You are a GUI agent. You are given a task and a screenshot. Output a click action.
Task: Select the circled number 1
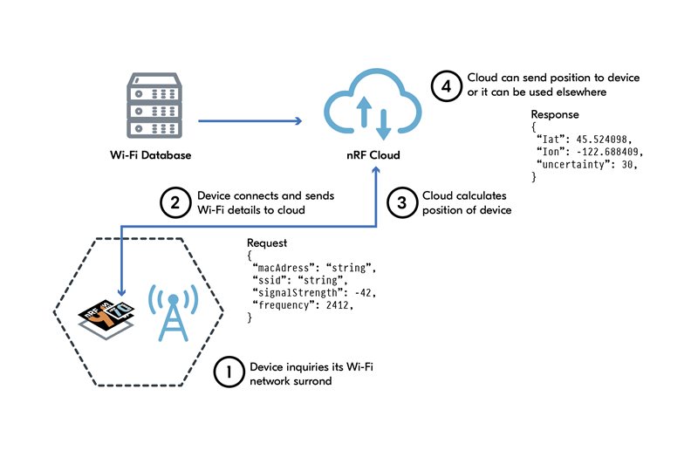pos(229,373)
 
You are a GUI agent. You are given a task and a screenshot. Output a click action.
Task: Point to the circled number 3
pos(401,202)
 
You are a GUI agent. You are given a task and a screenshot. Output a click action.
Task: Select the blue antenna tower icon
pos(174,312)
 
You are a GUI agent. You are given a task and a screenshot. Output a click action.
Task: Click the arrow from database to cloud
pos(250,121)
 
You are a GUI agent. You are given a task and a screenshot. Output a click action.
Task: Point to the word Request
pos(268,242)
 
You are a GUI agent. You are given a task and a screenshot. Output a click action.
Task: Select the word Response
pos(555,114)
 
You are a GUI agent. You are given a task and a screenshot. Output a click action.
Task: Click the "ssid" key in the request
pos(270,280)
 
